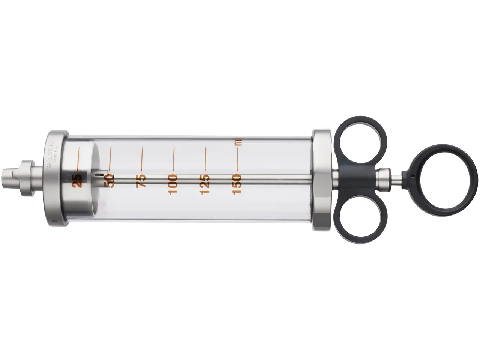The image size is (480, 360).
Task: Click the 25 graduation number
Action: coord(78,180)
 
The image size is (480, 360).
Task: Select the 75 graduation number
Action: coord(141,181)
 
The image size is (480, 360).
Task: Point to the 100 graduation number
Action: coord(173,184)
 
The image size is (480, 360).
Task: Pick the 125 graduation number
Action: coord(205,184)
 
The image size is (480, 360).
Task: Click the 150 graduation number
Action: coord(237,184)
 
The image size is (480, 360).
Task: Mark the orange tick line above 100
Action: coord(173,158)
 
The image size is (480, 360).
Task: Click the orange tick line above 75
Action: coord(142,158)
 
